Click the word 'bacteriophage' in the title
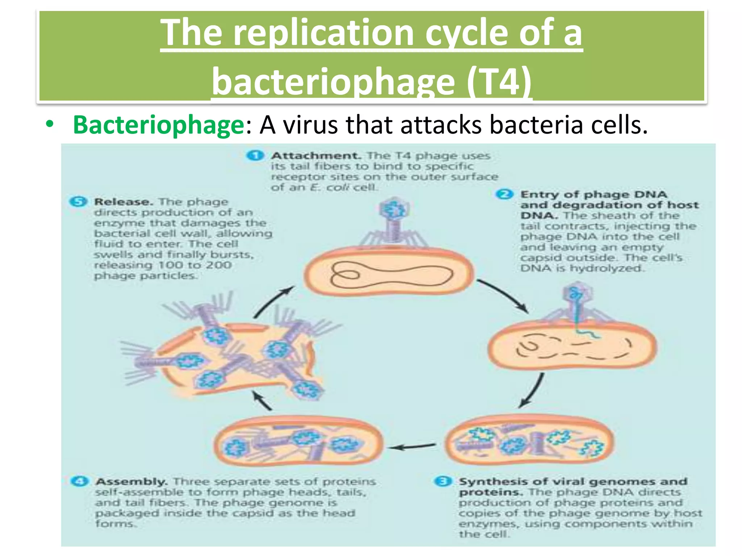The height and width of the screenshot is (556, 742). pos(333,81)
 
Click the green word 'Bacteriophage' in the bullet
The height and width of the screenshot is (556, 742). pos(159,125)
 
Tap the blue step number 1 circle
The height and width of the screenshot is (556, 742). pos(255,156)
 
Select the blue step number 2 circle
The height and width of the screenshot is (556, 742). pos(504,194)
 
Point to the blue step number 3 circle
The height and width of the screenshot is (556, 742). pos(443,481)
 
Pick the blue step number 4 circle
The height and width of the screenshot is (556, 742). pos(80,481)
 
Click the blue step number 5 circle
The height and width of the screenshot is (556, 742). pos(78,202)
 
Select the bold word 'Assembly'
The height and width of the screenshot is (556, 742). pos(131,482)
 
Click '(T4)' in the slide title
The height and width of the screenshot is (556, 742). pos(499,81)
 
